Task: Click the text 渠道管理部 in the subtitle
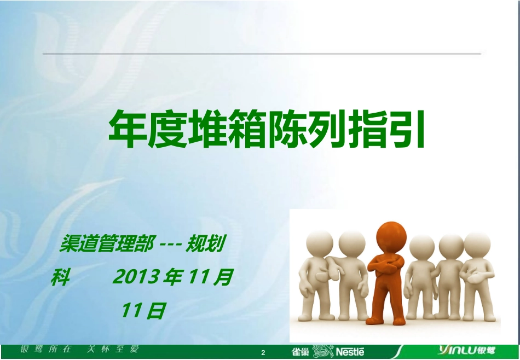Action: [106, 245]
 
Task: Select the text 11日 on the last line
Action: [143, 311]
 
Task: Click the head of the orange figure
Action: [391, 237]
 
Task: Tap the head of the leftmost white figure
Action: [320, 244]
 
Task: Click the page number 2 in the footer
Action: [263, 353]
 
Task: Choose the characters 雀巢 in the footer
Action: [301, 352]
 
